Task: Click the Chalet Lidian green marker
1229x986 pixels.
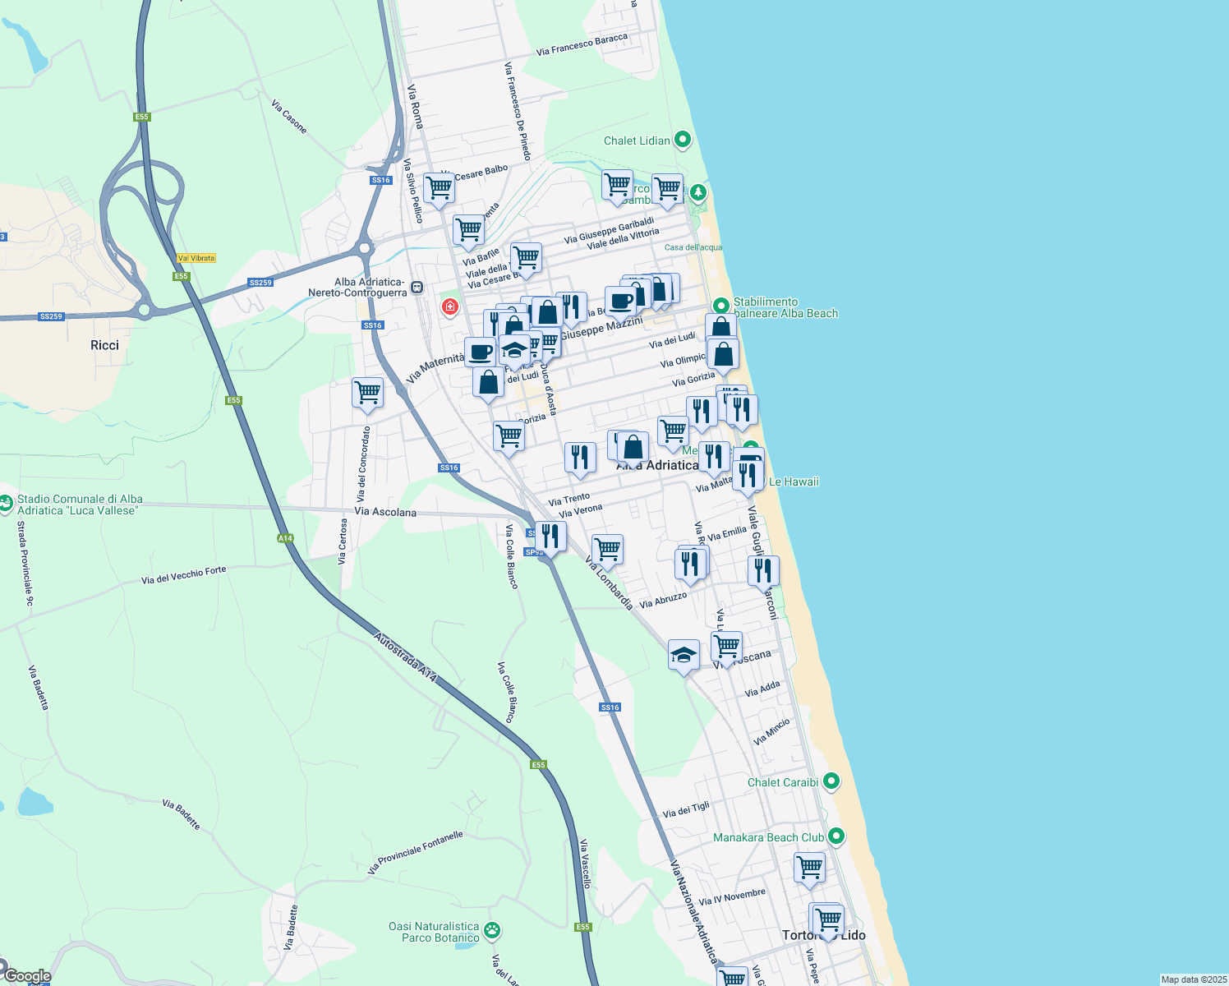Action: (x=683, y=140)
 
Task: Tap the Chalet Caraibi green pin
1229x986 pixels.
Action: (x=831, y=781)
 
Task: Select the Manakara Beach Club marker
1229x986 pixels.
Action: (x=836, y=836)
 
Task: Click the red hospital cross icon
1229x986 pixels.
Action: (x=450, y=307)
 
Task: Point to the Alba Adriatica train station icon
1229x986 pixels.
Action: (x=417, y=288)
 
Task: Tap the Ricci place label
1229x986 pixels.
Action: (x=104, y=345)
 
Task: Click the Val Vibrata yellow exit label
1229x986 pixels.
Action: (x=196, y=258)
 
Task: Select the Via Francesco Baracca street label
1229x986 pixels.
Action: (x=582, y=45)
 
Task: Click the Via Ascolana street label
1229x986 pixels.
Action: (x=385, y=512)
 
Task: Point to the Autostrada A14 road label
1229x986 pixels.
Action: (x=405, y=657)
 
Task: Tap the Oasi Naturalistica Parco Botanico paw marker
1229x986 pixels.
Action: (x=492, y=931)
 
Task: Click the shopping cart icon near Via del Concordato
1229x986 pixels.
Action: (x=367, y=392)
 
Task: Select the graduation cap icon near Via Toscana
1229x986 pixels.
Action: (x=684, y=655)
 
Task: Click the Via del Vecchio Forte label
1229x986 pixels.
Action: (x=183, y=575)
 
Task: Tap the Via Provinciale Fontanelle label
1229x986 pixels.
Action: (x=416, y=852)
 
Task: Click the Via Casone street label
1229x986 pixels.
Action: (x=289, y=117)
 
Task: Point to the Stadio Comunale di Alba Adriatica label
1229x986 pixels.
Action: (x=80, y=505)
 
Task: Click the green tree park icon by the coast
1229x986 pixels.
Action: (x=698, y=193)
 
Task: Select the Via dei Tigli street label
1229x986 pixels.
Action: (x=686, y=810)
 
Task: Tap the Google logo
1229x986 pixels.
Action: (x=27, y=976)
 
